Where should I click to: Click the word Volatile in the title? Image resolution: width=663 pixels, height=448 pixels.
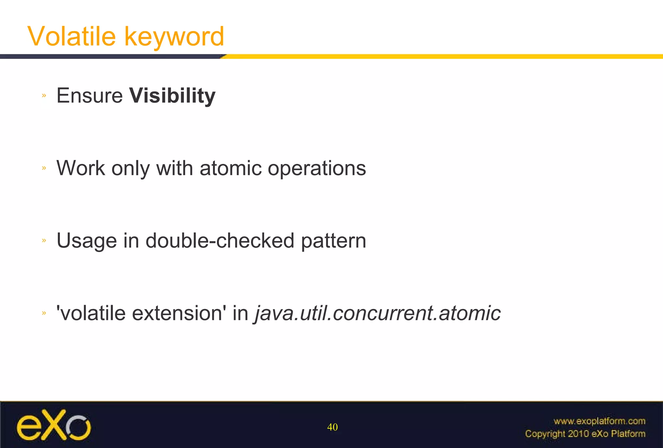(72, 36)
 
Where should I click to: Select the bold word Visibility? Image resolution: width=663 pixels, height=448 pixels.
(172, 96)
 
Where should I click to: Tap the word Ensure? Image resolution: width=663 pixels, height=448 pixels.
(90, 96)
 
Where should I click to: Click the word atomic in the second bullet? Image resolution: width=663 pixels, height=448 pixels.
(230, 168)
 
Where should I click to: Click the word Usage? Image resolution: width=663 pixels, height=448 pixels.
(86, 241)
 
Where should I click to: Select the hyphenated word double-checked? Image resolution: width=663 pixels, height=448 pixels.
(220, 240)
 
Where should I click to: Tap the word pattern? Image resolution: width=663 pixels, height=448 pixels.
(333, 241)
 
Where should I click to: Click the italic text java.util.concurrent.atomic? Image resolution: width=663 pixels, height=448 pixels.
(377, 313)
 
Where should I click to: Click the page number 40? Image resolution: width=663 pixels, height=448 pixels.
(332, 427)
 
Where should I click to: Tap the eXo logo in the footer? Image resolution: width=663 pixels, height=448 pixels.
(54, 425)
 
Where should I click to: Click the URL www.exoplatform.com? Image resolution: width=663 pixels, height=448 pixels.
(599, 421)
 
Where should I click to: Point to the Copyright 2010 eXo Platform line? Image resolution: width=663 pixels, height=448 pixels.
(585, 433)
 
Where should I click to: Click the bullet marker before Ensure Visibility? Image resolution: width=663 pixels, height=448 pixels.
(44, 95)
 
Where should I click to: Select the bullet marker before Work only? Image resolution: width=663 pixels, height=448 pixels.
(44, 168)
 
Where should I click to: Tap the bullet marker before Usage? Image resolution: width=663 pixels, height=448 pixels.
(44, 240)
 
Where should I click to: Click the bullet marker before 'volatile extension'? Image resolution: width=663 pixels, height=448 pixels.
(44, 313)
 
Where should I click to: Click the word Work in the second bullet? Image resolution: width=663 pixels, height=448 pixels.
(81, 168)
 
